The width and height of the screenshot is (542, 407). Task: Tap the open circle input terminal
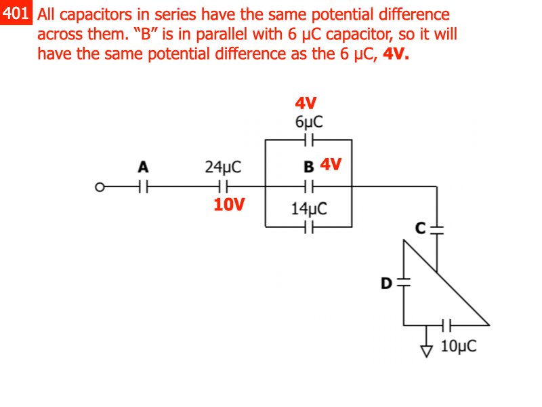point(100,185)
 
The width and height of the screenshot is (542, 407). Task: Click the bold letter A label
point(143,166)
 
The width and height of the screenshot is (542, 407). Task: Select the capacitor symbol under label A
point(143,185)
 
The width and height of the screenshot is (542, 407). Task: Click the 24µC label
point(224,167)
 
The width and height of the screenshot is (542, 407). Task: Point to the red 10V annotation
point(229,204)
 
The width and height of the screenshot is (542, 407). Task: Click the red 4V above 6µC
point(306,103)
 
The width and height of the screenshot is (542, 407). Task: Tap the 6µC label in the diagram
point(309,122)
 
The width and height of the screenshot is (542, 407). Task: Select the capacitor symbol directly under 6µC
point(309,140)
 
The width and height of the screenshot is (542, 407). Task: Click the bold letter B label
point(309,167)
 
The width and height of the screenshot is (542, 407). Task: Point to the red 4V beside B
point(331,165)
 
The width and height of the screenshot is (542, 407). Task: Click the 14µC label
point(309,209)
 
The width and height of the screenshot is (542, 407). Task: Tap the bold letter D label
point(386,283)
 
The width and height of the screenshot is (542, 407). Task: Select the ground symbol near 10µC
point(426,348)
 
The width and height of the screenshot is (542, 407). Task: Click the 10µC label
point(459,347)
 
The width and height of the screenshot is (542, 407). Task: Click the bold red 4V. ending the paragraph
point(396,54)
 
